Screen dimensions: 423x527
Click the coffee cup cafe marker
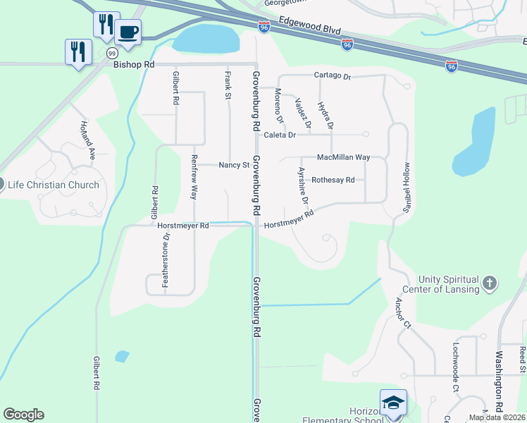[x=128, y=32]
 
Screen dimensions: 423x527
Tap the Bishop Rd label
[x=133, y=64]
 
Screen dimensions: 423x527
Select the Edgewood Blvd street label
[x=310, y=30]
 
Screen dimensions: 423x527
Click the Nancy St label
[x=235, y=166]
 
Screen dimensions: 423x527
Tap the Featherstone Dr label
[x=166, y=261]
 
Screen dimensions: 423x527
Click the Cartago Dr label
[x=332, y=75]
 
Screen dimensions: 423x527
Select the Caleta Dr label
[x=280, y=134]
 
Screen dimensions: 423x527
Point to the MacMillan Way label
[x=343, y=157]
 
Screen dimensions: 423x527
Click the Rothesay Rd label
[x=333, y=180]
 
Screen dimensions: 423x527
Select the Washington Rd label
[x=499, y=372]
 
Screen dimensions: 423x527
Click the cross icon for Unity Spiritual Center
[x=490, y=283]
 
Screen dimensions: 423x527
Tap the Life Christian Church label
[x=53, y=185]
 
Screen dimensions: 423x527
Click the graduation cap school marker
[x=393, y=402]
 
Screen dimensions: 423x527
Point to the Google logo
[x=23, y=415]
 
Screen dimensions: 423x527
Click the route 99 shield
[x=112, y=53]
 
